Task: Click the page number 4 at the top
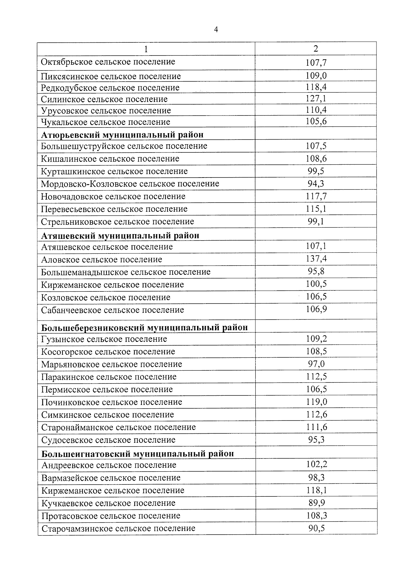pyautogui.click(x=216, y=30)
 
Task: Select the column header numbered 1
pyautogui.click(x=146, y=49)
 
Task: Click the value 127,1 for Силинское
pyautogui.click(x=316, y=99)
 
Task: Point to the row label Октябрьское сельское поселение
pyautogui.click(x=108, y=62)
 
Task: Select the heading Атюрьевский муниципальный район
pyautogui.click(x=122, y=135)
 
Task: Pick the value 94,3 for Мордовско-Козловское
pyautogui.click(x=316, y=184)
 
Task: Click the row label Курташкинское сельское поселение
pyautogui.click(x=114, y=171)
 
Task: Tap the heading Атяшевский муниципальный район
pyautogui.click(x=120, y=235)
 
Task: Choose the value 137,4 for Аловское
pyautogui.click(x=316, y=259)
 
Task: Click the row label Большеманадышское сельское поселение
pyautogui.click(x=125, y=272)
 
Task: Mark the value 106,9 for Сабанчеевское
pyautogui.click(x=316, y=309)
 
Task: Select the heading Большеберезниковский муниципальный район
pyautogui.click(x=144, y=328)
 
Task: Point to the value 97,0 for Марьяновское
pyautogui.click(x=316, y=364)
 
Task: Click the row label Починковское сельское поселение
pyautogui.click(x=112, y=402)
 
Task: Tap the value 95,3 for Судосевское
pyautogui.click(x=316, y=440)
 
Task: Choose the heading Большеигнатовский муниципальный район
pyautogui.click(x=137, y=453)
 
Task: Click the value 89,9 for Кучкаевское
pyautogui.click(x=316, y=503)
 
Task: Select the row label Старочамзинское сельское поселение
pyautogui.click(x=118, y=528)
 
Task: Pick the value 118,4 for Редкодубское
pyautogui.click(x=316, y=87)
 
